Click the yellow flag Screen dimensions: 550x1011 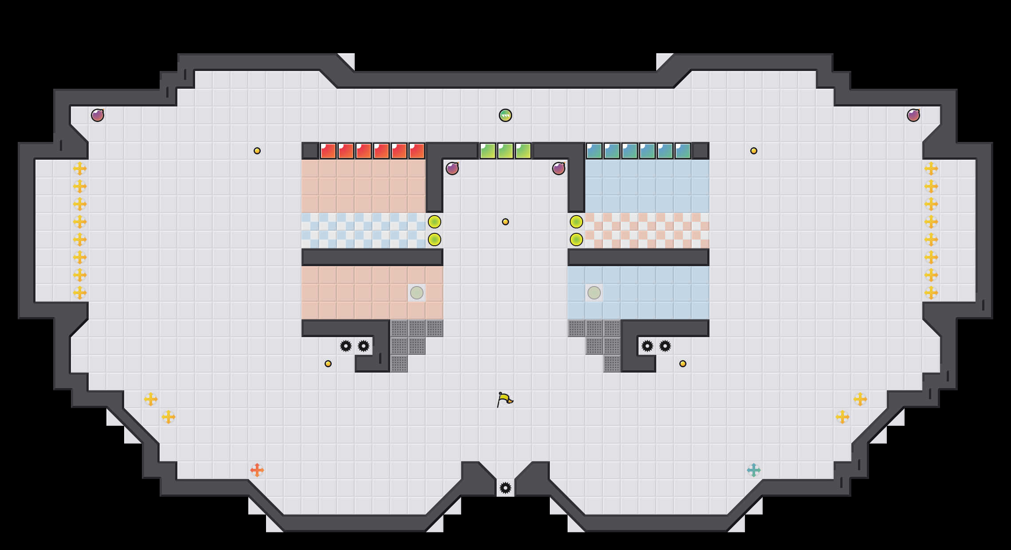point(505,399)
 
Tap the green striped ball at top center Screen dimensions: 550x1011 point(505,115)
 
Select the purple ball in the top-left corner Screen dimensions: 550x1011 point(98,115)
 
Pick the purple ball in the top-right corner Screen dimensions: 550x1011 point(913,115)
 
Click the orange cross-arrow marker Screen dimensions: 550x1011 point(257,470)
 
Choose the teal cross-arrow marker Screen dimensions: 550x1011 point(754,470)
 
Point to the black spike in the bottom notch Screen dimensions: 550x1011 point(505,488)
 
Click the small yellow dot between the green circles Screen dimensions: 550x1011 point(505,222)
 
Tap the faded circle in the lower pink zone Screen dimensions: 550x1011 point(417,293)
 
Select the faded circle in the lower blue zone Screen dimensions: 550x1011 point(594,293)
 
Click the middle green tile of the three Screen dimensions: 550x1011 point(505,151)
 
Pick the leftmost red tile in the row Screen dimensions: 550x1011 point(328,151)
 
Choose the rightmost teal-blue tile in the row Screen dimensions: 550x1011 point(683,151)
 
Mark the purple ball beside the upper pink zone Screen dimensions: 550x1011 point(452,169)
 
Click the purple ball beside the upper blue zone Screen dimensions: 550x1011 point(559,169)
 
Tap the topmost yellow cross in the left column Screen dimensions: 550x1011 point(80,169)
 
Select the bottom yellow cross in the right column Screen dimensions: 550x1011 point(931,293)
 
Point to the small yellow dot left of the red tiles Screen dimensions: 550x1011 point(257,151)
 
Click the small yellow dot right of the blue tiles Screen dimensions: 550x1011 point(754,151)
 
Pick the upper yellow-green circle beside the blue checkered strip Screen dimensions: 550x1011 point(435,222)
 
